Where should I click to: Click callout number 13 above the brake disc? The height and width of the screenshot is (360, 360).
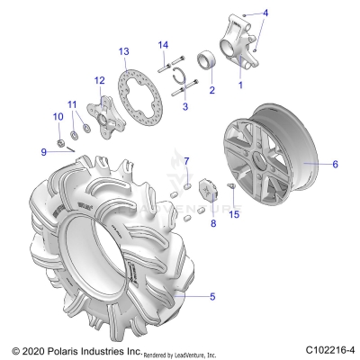point(123,52)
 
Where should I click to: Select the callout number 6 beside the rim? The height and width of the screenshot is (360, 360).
point(335,164)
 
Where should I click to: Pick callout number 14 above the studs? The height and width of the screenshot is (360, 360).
point(163,45)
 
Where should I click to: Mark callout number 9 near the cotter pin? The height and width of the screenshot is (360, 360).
point(42,151)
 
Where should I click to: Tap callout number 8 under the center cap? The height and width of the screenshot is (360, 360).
point(213,222)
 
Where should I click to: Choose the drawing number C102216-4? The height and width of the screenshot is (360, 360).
point(329,349)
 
